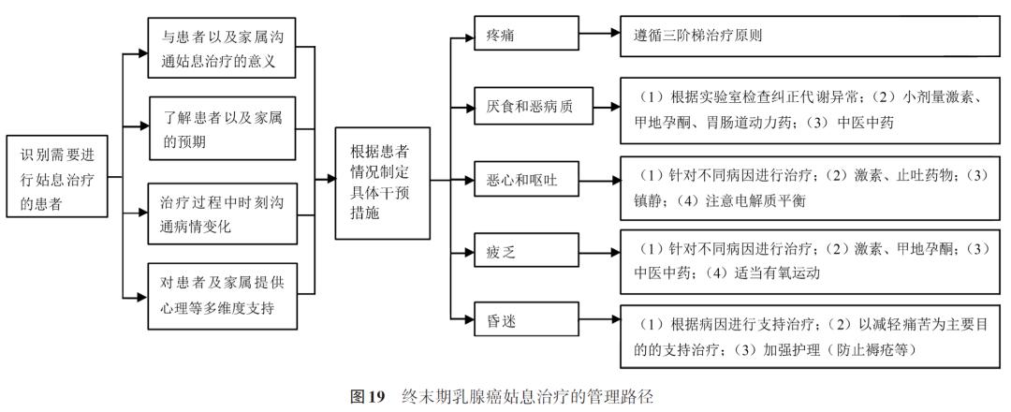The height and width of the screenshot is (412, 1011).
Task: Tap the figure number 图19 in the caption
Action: click(x=369, y=396)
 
